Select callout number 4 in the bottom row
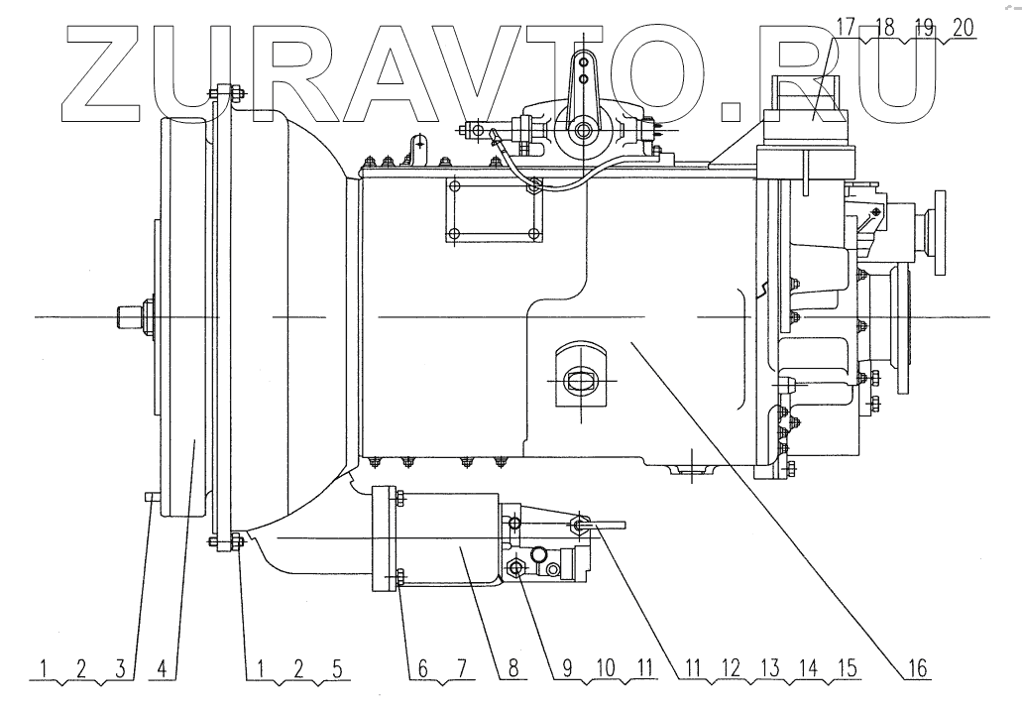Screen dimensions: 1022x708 tap(163, 667)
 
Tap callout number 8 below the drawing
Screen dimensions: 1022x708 tap(512, 667)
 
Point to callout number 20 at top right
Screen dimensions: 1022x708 tap(963, 28)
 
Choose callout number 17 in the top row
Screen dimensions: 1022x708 tap(846, 28)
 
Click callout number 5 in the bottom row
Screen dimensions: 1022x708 tap(337, 667)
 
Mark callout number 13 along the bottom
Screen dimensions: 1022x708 tap(770, 667)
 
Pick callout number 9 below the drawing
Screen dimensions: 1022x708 tap(566, 667)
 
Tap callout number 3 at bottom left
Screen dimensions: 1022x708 tap(120, 667)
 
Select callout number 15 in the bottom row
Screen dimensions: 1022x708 tap(847, 667)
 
